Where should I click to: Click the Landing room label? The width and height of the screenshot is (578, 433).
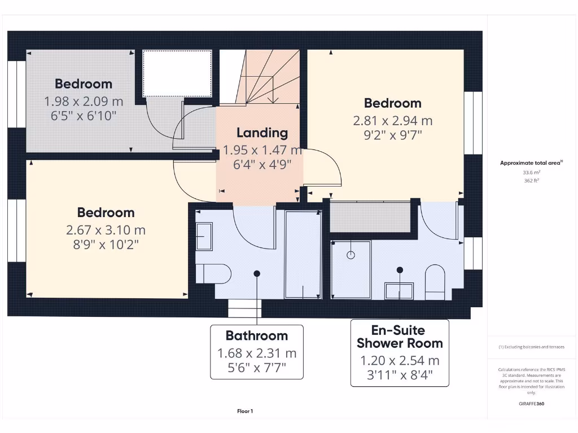click(x=262, y=133)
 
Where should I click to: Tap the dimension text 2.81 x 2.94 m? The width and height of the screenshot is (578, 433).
click(x=392, y=120)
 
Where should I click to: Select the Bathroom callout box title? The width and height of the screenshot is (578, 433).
click(x=257, y=335)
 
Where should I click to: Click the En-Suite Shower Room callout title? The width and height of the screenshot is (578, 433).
click(x=400, y=337)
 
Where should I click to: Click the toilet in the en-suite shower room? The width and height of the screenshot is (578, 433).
click(x=435, y=282)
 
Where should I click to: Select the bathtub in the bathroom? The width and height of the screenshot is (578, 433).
click(x=303, y=254)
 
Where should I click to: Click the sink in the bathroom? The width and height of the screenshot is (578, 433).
click(x=204, y=236)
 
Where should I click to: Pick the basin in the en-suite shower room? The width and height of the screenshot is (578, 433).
click(x=399, y=290)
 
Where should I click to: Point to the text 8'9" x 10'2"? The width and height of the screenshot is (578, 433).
click(x=106, y=244)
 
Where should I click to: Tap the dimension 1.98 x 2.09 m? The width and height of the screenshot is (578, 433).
click(x=84, y=101)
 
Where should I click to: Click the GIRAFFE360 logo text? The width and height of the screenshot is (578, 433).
click(x=531, y=404)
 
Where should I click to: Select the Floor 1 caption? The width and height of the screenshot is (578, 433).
click(x=245, y=412)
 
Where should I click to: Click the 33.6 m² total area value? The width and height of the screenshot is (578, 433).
click(x=531, y=173)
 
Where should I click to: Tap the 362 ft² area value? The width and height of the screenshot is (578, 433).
click(x=531, y=181)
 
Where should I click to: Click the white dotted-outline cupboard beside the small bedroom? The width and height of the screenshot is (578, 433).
click(x=177, y=73)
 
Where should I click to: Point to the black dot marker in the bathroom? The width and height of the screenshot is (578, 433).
click(x=257, y=273)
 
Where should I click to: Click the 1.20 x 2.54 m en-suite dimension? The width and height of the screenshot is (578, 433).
click(x=400, y=361)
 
